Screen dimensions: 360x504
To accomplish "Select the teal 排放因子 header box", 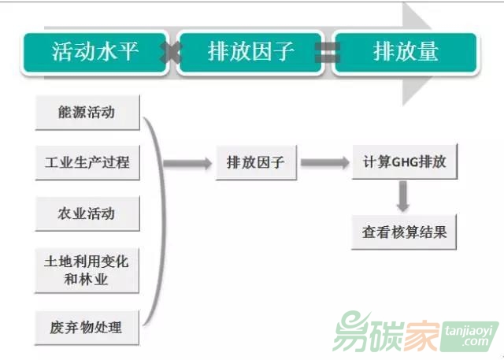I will (x=250, y=53).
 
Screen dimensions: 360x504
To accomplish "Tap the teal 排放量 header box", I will (x=405, y=53).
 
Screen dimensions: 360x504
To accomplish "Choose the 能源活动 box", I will (x=87, y=113).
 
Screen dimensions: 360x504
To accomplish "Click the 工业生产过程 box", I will (x=87, y=164).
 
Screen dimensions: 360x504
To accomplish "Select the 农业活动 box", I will (x=87, y=213).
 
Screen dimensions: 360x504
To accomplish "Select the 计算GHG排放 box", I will (x=404, y=164).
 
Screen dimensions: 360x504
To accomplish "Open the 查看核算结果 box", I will (x=404, y=232).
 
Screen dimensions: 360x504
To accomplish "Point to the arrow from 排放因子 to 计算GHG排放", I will (x=324, y=164).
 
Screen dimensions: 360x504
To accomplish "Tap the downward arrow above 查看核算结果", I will (x=403, y=197).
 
